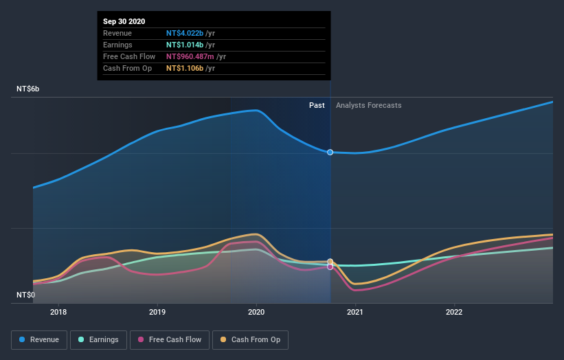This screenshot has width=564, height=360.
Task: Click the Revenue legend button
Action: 40,339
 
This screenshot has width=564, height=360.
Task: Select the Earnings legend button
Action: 98,339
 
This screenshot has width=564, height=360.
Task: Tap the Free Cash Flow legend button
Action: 169,339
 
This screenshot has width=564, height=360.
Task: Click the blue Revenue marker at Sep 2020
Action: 330,152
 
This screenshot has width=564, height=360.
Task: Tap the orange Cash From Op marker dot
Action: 330,262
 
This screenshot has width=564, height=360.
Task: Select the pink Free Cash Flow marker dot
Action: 330,267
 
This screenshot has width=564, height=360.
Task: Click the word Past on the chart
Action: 317,105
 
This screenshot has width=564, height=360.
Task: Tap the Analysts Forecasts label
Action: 369,105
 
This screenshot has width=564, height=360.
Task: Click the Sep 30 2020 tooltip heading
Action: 125,21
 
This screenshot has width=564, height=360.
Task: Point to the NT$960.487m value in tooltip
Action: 195,56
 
